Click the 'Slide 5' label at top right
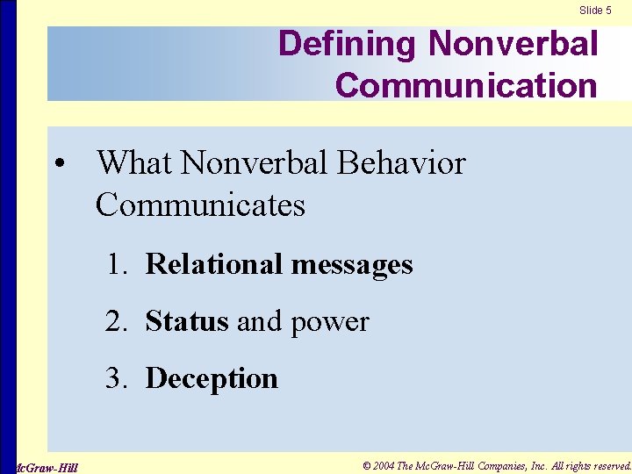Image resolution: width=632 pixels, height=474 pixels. click(595, 10)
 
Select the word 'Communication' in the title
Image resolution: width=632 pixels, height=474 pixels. click(466, 86)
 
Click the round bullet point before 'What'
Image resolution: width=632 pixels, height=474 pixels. click(58, 164)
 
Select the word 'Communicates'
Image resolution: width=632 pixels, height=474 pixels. click(200, 205)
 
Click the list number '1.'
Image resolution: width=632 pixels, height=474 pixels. click(118, 264)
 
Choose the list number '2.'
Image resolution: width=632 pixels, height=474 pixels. click(118, 321)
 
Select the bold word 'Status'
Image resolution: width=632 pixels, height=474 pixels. click(187, 321)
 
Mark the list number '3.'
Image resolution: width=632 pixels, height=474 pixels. click(118, 378)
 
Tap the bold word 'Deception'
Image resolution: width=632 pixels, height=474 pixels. click(212, 379)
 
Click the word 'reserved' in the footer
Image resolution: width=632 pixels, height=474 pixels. click(606, 465)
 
